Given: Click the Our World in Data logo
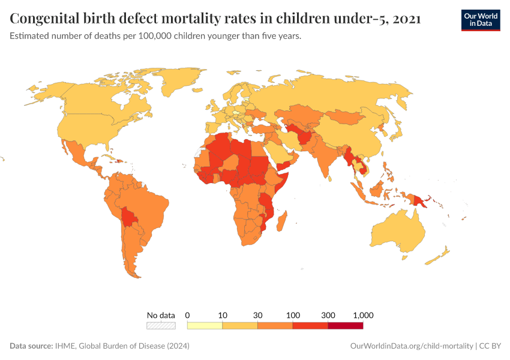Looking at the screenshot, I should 481,19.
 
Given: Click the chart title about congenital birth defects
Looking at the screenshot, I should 215,19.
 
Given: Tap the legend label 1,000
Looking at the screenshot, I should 363,315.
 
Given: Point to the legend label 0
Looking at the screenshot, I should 188,315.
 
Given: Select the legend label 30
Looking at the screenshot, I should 257,315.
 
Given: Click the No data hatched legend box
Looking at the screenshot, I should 161,325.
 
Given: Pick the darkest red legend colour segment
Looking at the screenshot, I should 346,325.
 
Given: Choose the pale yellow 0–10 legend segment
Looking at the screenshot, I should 205,325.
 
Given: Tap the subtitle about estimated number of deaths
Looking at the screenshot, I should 155,36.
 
